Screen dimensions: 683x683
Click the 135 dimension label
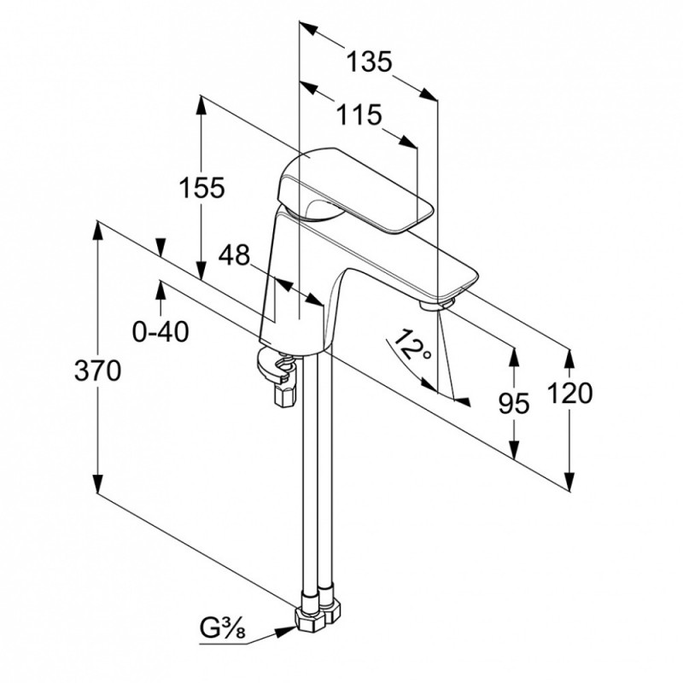pos(369,61)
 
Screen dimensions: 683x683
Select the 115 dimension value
pos(359,115)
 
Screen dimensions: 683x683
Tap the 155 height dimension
pos(202,188)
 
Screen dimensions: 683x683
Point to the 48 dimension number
pos(234,254)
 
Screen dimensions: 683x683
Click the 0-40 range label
pos(161,331)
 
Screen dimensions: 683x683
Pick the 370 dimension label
pos(97,371)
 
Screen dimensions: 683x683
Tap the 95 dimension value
pos(514,403)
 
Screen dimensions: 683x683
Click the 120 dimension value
pos(569,393)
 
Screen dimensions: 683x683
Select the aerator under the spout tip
pos(437,303)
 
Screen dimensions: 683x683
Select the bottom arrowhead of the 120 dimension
pos(569,482)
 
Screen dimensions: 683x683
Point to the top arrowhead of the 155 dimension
pos(201,104)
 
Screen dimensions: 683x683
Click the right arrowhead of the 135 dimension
pos(429,94)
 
